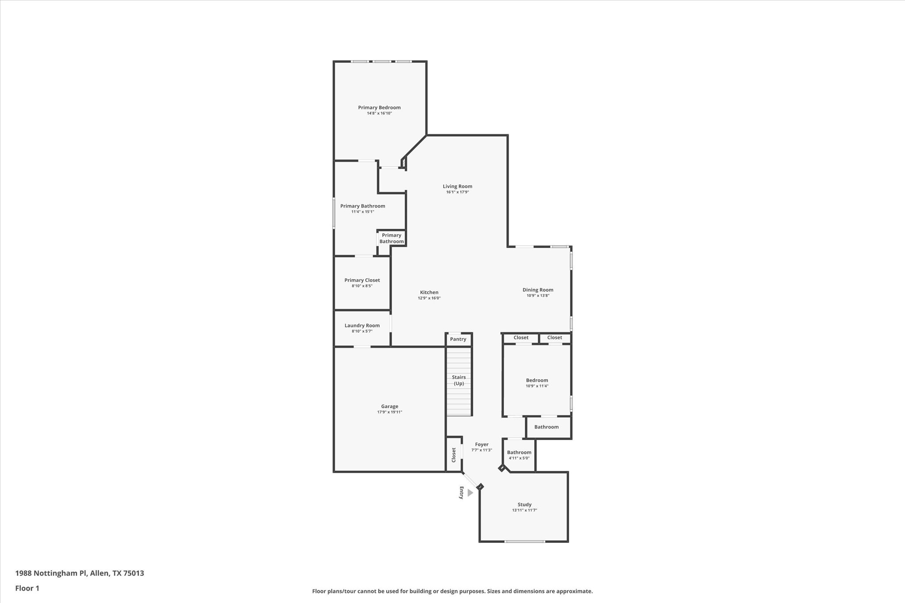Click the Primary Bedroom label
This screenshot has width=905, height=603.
[379, 107]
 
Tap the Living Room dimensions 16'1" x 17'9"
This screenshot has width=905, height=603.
[457, 192]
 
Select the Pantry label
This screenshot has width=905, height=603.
[458, 339]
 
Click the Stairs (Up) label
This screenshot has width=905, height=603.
[459, 380]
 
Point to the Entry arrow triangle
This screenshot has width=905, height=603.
[470, 493]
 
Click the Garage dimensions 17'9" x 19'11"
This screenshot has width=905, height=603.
[389, 412]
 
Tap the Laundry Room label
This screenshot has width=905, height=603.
[362, 326]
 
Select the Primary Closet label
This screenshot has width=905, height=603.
[362, 280]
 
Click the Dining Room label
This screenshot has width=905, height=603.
[538, 290]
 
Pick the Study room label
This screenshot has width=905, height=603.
[525, 504]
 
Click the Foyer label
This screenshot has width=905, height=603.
[482, 444]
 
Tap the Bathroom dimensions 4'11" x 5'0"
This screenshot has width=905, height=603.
[519, 458]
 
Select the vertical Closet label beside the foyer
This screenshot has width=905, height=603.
[453, 455]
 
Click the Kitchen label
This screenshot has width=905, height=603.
[429, 292]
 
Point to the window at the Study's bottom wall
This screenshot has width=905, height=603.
[525, 542]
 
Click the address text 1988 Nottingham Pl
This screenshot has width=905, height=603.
[51, 573]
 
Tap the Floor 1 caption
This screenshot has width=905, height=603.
[27, 588]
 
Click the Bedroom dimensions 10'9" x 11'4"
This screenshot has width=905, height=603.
[537, 386]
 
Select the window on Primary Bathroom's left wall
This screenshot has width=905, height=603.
[334, 213]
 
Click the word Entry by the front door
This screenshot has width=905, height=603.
[461, 493]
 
